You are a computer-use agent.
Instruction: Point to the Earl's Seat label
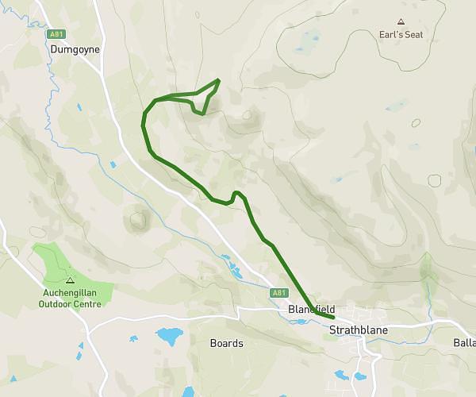[400, 35]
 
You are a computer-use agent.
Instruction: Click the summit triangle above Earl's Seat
[401, 22]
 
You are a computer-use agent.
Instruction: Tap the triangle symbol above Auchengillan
[70, 279]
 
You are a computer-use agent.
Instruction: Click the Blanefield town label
[312, 310]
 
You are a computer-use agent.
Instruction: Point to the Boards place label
[226, 344]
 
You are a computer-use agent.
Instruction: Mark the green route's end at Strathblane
[334, 318]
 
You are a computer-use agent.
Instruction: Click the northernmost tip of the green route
[218, 79]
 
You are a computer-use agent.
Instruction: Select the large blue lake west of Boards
[168, 336]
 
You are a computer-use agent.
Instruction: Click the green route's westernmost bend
[143, 123]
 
